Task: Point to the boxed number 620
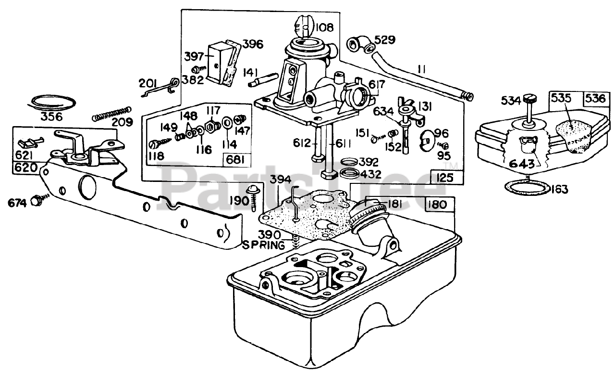[x=26, y=167]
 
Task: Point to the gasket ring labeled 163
[x=527, y=188]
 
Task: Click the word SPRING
[x=264, y=245]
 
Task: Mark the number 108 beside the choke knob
[x=324, y=27]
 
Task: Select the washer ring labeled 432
[x=348, y=173]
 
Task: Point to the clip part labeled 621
[x=30, y=142]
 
